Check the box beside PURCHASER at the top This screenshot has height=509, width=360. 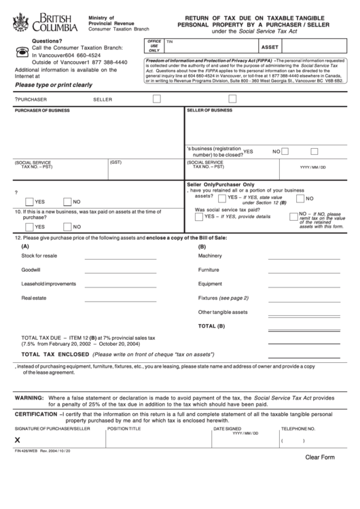click(157, 99)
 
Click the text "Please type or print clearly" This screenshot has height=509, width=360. click(54, 85)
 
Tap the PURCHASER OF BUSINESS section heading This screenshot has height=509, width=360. click(41, 110)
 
